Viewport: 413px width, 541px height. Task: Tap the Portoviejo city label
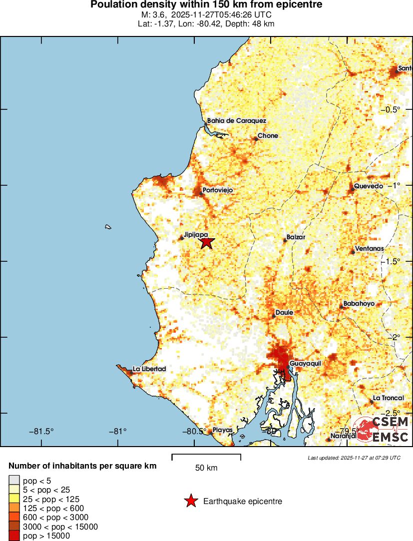pos(218,190)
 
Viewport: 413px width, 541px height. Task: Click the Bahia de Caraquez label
pos(237,121)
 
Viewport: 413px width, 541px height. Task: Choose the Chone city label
pos(268,136)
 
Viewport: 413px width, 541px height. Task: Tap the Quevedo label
pos(369,186)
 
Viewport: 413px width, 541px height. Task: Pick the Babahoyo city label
pos(359,304)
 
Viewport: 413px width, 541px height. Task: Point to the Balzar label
pos(296,237)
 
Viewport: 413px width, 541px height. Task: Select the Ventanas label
pos(369,249)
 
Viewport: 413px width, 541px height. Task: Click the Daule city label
pos(284,313)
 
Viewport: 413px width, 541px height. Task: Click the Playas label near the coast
pos(223,430)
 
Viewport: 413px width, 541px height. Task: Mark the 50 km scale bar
pos(206,457)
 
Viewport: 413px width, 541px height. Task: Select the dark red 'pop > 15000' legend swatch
pos(14,536)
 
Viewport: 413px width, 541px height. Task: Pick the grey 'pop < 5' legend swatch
pos(14,480)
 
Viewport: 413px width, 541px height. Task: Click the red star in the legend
pos(190,501)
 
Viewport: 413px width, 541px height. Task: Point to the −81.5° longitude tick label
pos(41,431)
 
